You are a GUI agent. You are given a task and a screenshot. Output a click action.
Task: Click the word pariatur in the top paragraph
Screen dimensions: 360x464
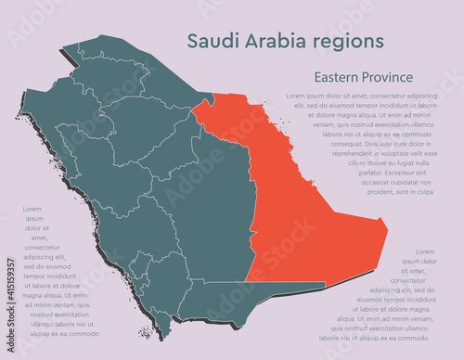pyautogui.click(x=367, y=172)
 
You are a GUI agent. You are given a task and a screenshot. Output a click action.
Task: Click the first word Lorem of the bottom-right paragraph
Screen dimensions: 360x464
pyautogui.click(x=425, y=251)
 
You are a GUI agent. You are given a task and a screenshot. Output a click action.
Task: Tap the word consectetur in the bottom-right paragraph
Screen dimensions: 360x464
pyautogui.click(x=415, y=279)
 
